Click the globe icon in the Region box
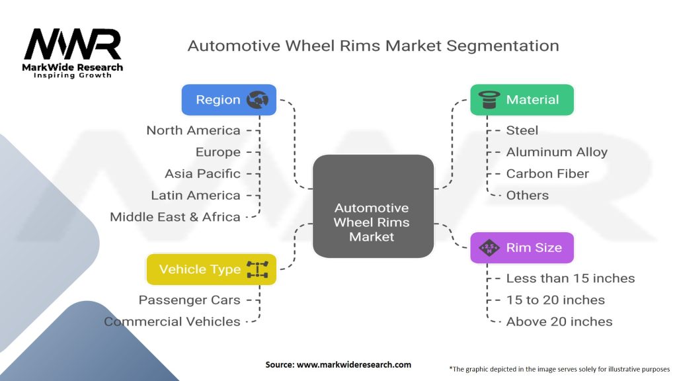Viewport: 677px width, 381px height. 257,100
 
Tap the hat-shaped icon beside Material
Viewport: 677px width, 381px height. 489,100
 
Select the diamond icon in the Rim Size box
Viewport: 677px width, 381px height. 489,248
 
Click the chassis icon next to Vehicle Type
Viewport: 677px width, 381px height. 257,269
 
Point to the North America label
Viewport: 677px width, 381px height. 194,130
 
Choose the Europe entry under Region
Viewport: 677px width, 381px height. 218,152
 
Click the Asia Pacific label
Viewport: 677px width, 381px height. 202,174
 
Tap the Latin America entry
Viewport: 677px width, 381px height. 196,195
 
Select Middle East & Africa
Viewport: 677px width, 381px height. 175,217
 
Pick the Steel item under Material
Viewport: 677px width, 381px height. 522,130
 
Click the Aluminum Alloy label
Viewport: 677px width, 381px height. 557,152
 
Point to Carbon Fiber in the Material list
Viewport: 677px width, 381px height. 547,174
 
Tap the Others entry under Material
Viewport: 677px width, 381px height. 527,195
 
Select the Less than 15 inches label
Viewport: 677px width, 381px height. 571,278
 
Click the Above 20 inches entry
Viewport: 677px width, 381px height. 559,322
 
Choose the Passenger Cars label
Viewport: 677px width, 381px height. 190,300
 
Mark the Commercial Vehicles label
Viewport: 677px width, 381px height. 172,322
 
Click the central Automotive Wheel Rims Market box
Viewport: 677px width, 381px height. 373,206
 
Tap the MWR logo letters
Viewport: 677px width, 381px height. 73,44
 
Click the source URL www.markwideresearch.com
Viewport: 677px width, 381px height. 354,364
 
